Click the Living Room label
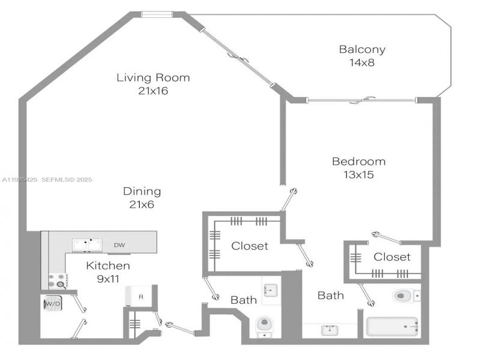pos(153,84)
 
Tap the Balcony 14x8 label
pos(362,55)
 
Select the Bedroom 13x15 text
pos(359,168)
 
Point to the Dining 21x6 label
pos(142,198)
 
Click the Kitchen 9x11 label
pos(108,271)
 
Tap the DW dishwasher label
pos(119,245)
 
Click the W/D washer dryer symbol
pos(53,304)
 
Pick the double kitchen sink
pos(88,244)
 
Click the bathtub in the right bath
pos(394,327)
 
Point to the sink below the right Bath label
pos(329,330)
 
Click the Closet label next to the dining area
pos(250,245)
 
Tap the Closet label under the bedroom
pos(392,257)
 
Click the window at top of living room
pos(157,15)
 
